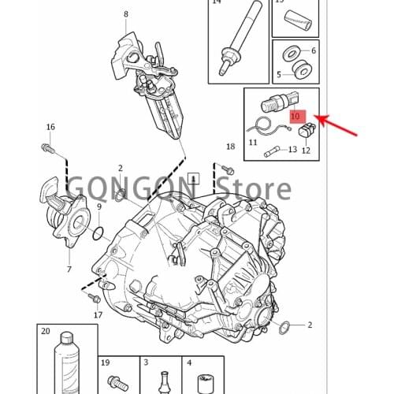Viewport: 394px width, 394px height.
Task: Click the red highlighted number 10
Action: point(297,117)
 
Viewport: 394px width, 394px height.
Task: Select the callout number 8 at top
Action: point(126,14)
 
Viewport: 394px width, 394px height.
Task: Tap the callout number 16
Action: point(50,127)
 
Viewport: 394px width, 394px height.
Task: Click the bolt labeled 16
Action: point(47,148)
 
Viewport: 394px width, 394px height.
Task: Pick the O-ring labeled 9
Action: point(98,234)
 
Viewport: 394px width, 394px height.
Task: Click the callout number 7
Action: point(69,269)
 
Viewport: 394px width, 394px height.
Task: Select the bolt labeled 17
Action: point(95,298)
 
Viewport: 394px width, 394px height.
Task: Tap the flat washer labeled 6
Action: point(291,54)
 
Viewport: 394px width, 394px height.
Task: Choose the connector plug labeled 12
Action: point(307,130)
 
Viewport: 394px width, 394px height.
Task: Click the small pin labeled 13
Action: point(272,152)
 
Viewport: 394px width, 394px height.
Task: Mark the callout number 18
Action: point(231,147)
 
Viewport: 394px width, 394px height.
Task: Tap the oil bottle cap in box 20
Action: point(66,338)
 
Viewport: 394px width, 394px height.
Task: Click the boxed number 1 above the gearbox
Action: point(194,179)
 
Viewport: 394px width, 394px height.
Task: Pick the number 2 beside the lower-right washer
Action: point(310,325)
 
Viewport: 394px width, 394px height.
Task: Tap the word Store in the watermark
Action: point(255,188)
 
